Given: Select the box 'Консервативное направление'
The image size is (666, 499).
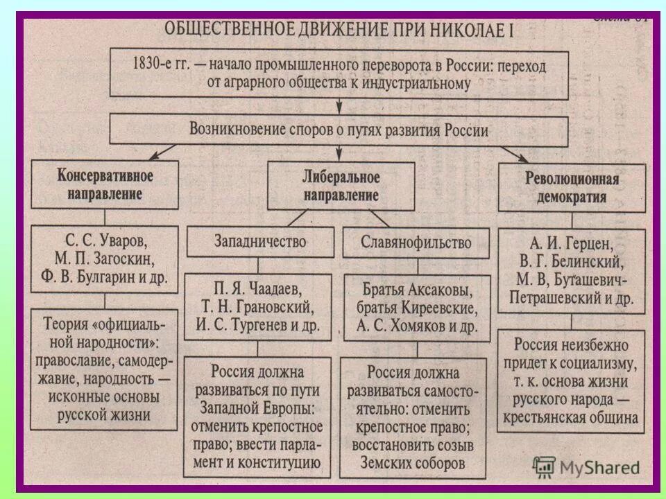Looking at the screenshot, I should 105,184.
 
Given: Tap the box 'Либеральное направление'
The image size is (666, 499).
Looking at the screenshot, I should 340,186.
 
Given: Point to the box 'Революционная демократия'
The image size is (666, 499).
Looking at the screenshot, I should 571,188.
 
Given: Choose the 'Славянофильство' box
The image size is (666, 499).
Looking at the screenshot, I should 416,243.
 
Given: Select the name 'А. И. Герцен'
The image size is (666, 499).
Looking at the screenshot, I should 571,245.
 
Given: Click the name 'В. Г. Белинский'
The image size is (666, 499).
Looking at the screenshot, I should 571,263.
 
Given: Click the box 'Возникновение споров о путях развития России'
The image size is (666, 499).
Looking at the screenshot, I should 340,130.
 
